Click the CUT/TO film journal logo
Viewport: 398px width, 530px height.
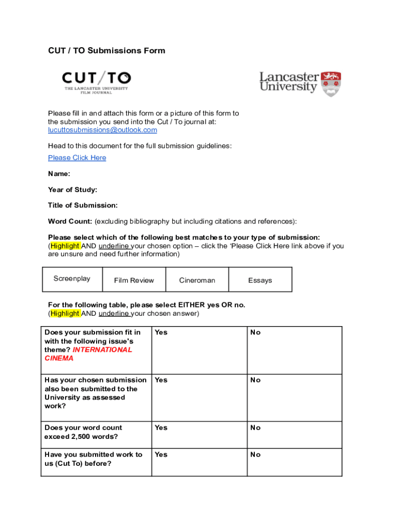(97, 82)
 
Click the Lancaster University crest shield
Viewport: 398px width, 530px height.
(331, 84)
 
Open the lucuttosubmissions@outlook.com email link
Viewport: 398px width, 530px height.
(102, 130)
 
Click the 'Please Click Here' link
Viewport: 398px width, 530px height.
(77, 158)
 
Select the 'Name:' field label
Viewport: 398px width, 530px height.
(59, 174)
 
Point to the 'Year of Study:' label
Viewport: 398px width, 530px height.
(72, 190)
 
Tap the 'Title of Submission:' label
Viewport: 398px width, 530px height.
(83, 205)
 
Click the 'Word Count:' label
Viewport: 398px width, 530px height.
(70, 222)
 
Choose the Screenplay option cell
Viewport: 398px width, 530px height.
(72, 279)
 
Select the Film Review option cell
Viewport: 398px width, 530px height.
(134, 280)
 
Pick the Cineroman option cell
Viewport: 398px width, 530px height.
(197, 280)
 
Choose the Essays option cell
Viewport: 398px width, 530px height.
(259, 280)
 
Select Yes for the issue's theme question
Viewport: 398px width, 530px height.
(161, 332)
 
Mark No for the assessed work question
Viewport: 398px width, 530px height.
(255, 380)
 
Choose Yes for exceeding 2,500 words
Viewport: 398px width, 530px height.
(161, 428)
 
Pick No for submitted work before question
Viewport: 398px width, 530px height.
(255, 454)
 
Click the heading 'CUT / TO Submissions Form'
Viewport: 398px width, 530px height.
(106, 51)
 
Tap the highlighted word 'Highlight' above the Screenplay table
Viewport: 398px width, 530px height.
(65, 246)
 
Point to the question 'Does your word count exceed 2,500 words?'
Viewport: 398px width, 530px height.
(83, 432)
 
